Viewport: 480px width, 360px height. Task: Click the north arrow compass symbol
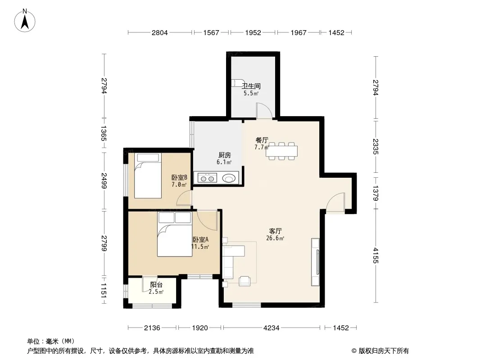pyautogui.click(x=25, y=21)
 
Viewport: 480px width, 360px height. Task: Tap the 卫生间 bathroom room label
pyautogui.click(x=251, y=86)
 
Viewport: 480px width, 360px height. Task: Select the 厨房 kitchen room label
pyautogui.click(x=224, y=155)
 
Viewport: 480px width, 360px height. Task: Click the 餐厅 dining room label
pyautogui.click(x=262, y=140)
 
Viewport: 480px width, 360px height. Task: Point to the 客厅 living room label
pyautogui.click(x=275, y=231)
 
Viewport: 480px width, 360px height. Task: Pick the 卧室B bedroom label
pyautogui.click(x=179, y=177)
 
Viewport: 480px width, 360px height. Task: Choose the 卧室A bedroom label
pyautogui.click(x=200, y=239)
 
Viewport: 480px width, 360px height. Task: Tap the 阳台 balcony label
pyautogui.click(x=156, y=285)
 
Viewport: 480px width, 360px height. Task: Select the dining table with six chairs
pyautogui.click(x=281, y=151)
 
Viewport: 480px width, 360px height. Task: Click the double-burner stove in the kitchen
pyautogui.click(x=207, y=178)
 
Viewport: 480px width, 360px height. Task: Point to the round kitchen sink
pyautogui.click(x=229, y=178)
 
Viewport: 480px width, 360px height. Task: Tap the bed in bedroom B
pyautogui.click(x=148, y=175)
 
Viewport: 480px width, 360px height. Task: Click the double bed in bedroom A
pyautogui.click(x=175, y=234)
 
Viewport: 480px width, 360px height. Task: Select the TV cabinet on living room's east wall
pyautogui.click(x=315, y=262)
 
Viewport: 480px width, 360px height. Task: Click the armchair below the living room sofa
pyautogui.click(x=245, y=281)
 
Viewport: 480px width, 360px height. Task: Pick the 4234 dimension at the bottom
pyautogui.click(x=271, y=328)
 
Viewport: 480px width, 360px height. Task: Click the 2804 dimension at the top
pyautogui.click(x=160, y=33)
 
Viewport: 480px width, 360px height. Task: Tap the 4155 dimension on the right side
pyautogui.click(x=376, y=256)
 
